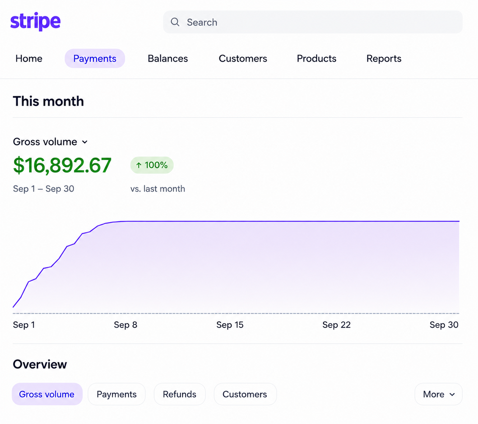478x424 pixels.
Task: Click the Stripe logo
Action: pyautogui.click(x=36, y=22)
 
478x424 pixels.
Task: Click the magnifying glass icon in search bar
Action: pyautogui.click(x=175, y=22)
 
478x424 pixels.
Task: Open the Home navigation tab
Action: pyautogui.click(x=29, y=59)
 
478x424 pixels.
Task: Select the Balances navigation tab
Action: pyautogui.click(x=168, y=59)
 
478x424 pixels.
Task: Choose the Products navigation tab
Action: pyautogui.click(x=316, y=59)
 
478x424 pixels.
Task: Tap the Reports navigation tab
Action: pyautogui.click(x=384, y=59)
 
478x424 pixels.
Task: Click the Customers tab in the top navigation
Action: pyautogui.click(x=243, y=59)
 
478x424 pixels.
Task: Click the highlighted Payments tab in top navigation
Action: pyautogui.click(x=95, y=59)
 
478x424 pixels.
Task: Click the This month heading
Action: pyautogui.click(x=48, y=101)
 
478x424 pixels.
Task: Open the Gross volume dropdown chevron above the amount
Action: pyautogui.click(x=85, y=142)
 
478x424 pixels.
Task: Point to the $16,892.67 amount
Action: pyautogui.click(x=62, y=165)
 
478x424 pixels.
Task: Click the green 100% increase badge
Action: pyautogui.click(x=152, y=165)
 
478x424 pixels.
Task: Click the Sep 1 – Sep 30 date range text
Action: pyautogui.click(x=44, y=188)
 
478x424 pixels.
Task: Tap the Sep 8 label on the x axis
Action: pyautogui.click(x=126, y=325)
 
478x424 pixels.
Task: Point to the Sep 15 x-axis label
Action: pyautogui.click(x=230, y=325)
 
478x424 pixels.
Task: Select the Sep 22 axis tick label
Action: pyautogui.click(x=337, y=325)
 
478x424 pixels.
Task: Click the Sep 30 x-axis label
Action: pyautogui.click(x=444, y=325)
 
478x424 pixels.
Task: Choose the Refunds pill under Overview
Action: pyautogui.click(x=180, y=394)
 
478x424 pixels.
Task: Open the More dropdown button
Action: pyautogui.click(x=438, y=394)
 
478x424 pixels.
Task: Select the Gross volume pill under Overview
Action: pyautogui.click(x=47, y=394)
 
